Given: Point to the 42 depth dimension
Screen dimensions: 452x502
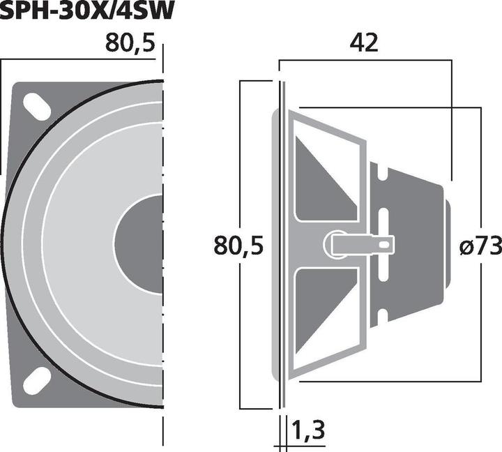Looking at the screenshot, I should (364, 43).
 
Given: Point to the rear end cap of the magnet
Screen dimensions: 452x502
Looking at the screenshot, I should (446, 244).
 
